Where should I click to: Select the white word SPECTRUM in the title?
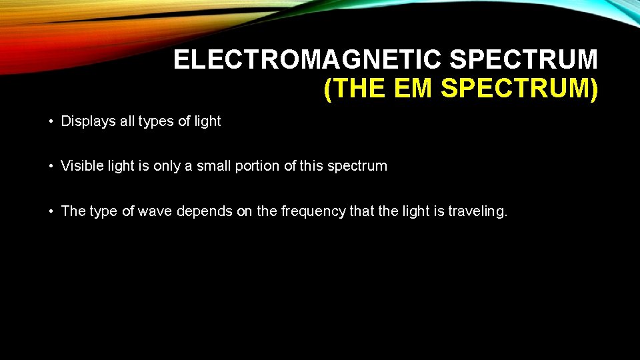(523, 60)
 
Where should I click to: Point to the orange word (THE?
(353, 89)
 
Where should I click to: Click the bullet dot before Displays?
(51, 122)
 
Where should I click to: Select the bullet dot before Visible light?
(51, 167)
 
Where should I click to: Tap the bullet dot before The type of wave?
(51, 212)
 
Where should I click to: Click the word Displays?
(87, 121)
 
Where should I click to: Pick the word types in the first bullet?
(157, 122)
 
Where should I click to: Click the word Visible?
(82, 166)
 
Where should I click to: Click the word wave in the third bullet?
(151, 211)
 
